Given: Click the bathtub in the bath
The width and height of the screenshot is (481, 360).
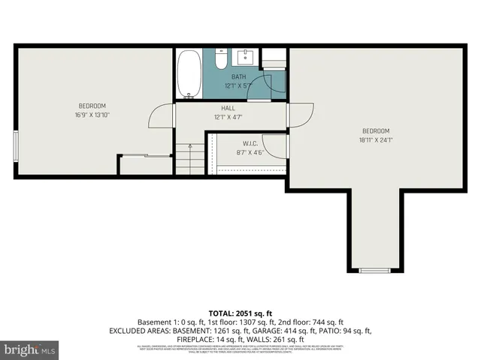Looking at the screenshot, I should pos(189,74).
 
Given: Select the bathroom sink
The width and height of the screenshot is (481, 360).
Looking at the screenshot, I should pos(247,57).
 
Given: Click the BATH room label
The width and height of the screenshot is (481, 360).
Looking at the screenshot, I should pos(238,76).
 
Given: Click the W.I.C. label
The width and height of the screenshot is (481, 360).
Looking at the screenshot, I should pos(250,143).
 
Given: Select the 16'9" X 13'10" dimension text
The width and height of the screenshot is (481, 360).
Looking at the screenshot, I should pos(92,115).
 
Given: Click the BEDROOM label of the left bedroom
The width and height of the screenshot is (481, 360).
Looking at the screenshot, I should pos(92,105).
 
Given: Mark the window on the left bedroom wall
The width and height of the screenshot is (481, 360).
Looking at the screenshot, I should pos(16,145).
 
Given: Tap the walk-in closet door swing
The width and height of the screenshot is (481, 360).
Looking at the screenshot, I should pos(275,145).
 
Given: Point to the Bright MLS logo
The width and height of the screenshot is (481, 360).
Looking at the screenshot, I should pos(30,349).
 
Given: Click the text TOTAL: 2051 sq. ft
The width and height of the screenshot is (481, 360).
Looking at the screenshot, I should pos(240,313).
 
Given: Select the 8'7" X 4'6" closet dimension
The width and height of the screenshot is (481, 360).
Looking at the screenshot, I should pos(250,152).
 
